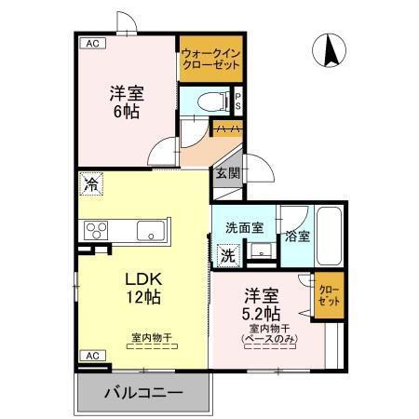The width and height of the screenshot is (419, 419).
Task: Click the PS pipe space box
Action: [x=238, y=100]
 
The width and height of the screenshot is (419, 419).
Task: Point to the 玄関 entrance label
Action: [x=228, y=173]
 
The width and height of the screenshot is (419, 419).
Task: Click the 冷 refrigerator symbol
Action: [x=91, y=184]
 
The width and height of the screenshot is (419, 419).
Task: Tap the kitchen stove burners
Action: [x=98, y=229]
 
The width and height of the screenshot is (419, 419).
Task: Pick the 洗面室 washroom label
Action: [x=242, y=227]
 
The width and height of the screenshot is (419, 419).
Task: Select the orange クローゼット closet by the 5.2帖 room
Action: [x=328, y=295]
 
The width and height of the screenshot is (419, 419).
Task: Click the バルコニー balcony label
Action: [x=142, y=392]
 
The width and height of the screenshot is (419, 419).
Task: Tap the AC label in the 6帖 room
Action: [x=92, y=43]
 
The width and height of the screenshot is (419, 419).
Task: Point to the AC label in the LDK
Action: [x=92, y=356]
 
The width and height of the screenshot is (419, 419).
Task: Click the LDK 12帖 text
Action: [x=142, y=288]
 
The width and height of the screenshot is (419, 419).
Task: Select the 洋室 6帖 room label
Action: [x=128, y=101]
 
